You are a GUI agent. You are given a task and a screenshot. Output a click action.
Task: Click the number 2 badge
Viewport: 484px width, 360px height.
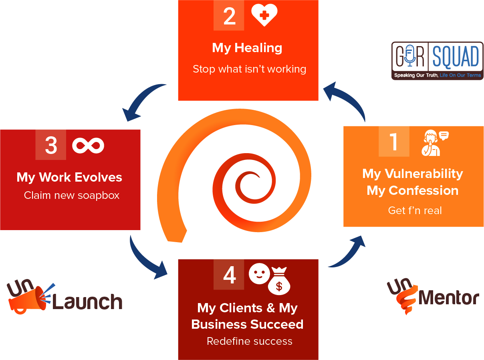point(229,16)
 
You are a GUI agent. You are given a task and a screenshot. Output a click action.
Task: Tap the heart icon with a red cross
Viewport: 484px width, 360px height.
point(264,15)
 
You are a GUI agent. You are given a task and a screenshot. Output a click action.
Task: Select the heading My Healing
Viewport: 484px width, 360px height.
point(247,48)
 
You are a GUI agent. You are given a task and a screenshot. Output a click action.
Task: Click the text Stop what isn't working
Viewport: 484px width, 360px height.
point(249,69)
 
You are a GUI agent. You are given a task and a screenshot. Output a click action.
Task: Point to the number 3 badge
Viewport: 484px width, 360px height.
point(50,145)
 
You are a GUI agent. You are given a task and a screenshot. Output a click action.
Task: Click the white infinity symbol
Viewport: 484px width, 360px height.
point(88,145)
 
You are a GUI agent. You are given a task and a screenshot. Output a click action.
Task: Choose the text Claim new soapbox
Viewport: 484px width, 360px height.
point(72,195)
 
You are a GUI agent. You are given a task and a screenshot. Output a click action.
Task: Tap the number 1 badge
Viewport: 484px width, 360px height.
point(393,141)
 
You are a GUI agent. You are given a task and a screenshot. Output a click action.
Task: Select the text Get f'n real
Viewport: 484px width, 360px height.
point(415,210)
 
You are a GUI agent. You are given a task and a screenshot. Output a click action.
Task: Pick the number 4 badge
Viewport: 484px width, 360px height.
point(229,275)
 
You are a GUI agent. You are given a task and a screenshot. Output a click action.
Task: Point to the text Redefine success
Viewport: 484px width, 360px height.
point(249,341)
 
